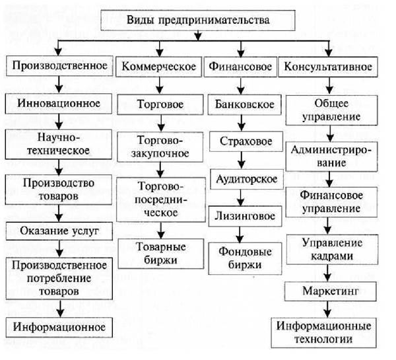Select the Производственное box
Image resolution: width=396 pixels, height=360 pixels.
(x=59, y=67)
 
